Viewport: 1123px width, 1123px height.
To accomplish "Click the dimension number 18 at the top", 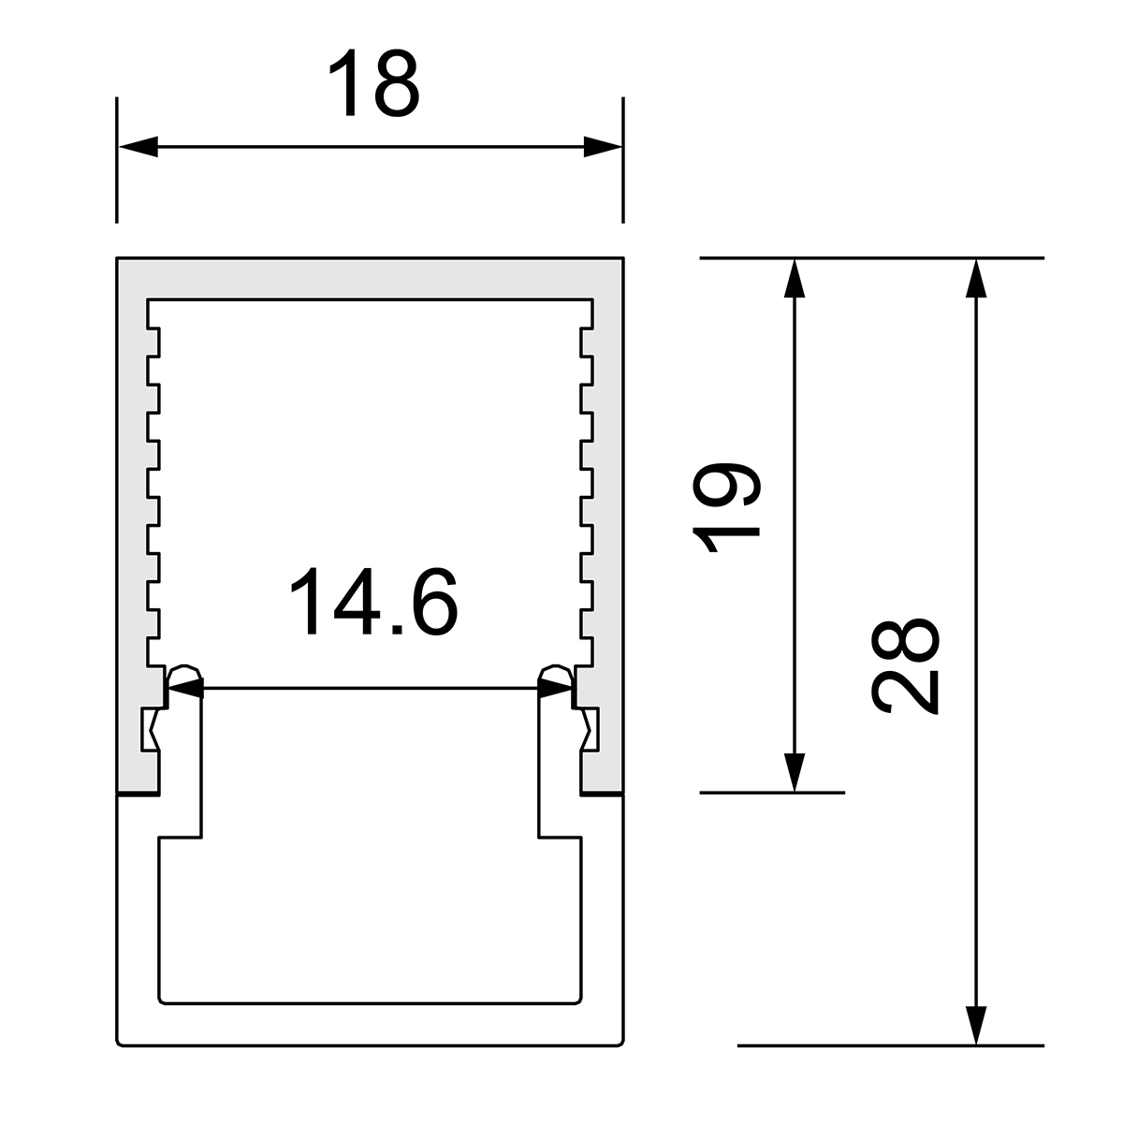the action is click(x=373, y=82).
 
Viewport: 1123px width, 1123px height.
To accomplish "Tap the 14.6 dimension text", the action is click(x=373, y=601).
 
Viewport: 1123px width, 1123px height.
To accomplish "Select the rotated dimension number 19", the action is click(x=726, y=507).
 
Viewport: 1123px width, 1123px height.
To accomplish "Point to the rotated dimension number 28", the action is click(x=904, y=665).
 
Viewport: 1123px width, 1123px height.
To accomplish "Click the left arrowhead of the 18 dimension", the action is click(x=139, y=147).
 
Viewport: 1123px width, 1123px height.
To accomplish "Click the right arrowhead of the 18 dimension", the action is click(x=604, y=147).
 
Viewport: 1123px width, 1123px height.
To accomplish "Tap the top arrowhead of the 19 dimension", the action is click(x=795, y=278).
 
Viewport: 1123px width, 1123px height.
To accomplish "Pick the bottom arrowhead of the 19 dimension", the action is click(x=795, y=773).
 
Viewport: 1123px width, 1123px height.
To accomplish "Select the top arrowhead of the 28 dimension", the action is click(x=976, y=278).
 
